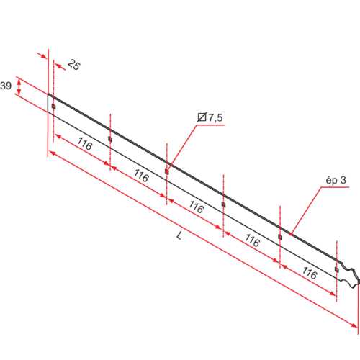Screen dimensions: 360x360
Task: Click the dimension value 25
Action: [x=74, y=65]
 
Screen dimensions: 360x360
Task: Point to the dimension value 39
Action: [x=6, y=86]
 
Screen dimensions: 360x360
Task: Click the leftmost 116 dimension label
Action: [x=84, y=145]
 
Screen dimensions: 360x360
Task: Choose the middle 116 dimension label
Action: [x=196, y=207]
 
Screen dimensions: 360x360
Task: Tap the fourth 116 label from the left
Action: [x=251, y=240]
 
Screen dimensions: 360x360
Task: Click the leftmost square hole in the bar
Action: [x=53, y=107]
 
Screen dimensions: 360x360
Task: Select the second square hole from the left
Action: [x=110, y=139]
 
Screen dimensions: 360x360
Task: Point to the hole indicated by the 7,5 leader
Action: [x=167, y=171]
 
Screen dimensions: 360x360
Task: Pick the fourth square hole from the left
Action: [x=223, y=204]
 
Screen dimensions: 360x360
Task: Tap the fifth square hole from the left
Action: [x=280, y=237]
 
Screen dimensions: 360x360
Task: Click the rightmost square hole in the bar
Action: [x=336, y=269]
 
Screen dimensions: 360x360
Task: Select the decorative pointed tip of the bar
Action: [x=354, y=276]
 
